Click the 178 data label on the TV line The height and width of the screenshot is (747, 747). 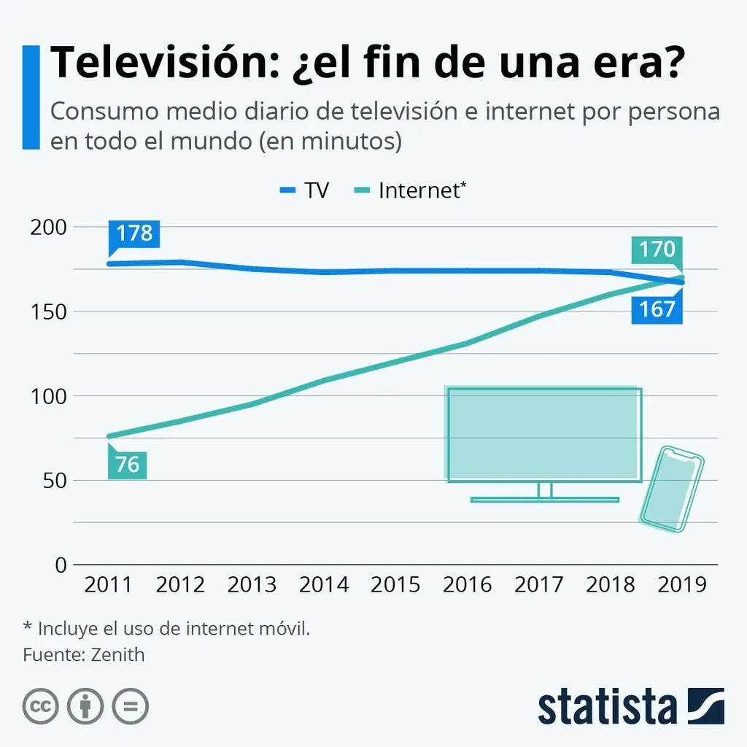click(134, 233)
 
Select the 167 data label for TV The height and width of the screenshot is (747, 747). click(657, 309)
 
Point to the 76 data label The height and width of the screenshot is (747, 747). click(127, 465)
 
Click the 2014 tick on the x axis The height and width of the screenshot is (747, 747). click(324, 584)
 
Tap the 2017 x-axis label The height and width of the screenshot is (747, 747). click(539, 584)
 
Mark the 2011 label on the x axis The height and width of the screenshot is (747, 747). click(108, 584)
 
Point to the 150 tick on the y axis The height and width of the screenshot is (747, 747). click(50, 311)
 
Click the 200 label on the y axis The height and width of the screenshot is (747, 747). click(50, 227)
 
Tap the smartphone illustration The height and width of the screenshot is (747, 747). click(671, 489)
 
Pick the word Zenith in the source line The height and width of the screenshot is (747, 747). click(117, 654)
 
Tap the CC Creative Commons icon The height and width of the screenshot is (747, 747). click(41, 706)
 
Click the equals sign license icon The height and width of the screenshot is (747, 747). click(130, 706)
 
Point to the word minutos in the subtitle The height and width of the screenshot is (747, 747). click(344, 141)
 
